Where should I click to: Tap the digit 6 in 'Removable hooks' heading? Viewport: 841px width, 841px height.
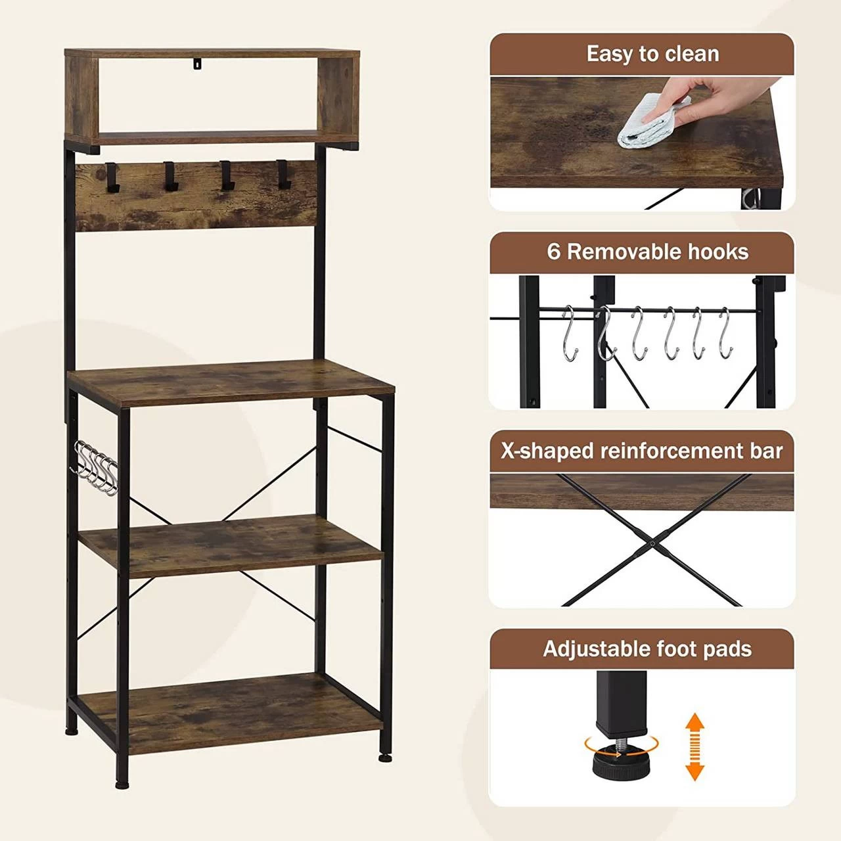click(553, 252)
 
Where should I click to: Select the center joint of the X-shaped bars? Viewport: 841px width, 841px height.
click(651, 543)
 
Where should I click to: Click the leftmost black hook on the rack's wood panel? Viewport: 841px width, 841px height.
click(111, 177)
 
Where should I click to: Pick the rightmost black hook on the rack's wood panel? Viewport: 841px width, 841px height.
click(283, 174)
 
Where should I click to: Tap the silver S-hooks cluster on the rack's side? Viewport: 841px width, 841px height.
click(94, 468)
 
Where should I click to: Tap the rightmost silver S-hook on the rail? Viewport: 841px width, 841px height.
click(725, 332)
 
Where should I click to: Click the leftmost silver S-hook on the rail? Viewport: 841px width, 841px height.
click(570, 333)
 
